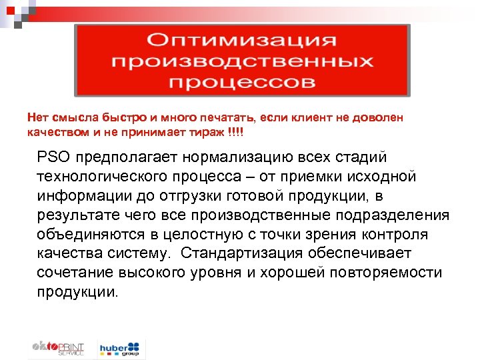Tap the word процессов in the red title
[242, 83]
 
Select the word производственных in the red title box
[242, 61]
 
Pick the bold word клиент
[298, 117]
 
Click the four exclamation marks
[236, 132]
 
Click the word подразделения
[399, 215]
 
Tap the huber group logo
[120, 348]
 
